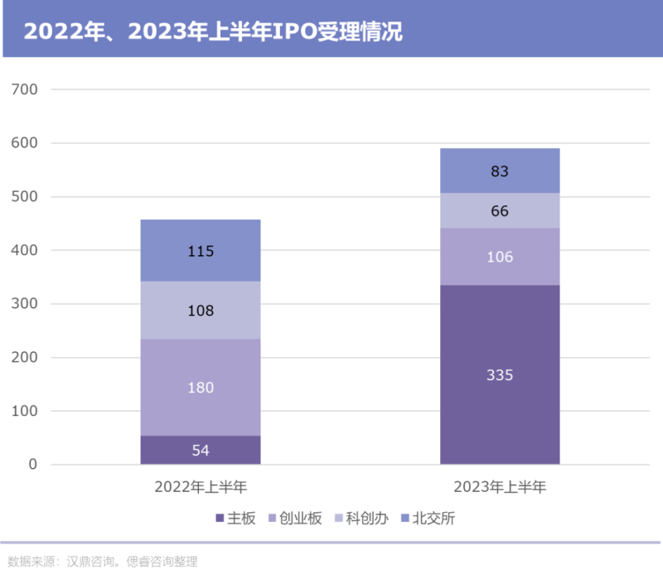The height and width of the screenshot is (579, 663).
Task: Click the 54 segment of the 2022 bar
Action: (200, 450)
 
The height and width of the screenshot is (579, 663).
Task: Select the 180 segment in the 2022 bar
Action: (200, 388)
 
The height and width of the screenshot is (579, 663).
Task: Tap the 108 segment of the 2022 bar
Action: (200, 311)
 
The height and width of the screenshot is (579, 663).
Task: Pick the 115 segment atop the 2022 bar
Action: (200, 251)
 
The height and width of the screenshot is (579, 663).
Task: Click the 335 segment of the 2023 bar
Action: (500, 374)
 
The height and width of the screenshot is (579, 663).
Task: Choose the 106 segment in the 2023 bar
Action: (500, 257)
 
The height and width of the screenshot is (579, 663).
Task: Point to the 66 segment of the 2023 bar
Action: (500, 211)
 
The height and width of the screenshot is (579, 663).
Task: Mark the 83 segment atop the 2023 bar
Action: (500, 171)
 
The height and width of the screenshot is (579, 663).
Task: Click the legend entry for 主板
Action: (236, 519)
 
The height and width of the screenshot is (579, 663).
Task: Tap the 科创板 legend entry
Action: (365, 519)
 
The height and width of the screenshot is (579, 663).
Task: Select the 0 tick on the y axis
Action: (32, 465)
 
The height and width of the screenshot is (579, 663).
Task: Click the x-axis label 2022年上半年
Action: (200, 486)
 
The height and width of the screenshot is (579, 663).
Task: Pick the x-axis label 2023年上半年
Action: (500, 486)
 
